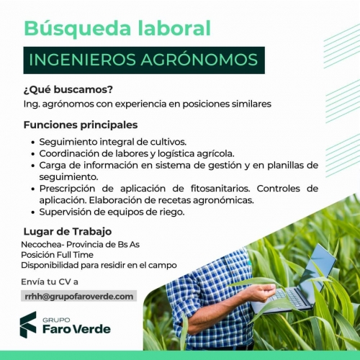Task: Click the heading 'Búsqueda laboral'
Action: (x=117, y=29)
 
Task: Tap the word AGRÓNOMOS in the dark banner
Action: (x=199, y=60)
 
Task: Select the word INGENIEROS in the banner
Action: (x=82, y=60)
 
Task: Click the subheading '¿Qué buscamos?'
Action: (x=68, y=90)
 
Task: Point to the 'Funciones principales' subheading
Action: (x=81, y=125)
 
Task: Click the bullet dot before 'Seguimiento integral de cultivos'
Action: (x=34, y=143)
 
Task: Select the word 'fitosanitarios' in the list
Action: (x=220, y=189)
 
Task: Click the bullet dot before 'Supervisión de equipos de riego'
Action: (x=34, y=212)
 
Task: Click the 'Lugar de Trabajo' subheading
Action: (x=68, y=232)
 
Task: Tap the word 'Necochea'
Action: (x=41, y=245)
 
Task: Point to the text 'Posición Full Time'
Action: (x=57, y=255)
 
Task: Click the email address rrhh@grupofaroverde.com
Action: (x=79, y=297)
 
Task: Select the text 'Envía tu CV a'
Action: (x=50, y=282)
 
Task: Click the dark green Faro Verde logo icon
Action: (x=28, y=325)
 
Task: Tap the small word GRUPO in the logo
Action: (x=56, y=320)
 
